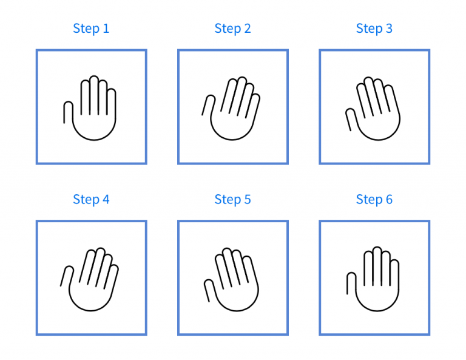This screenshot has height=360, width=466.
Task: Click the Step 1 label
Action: pyautogui.click(x=91, y=29)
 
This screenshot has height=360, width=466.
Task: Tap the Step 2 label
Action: pyautogui.click(x=232, y=29)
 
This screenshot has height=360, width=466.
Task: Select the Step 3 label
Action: pyautogui.click(x=374, y=29)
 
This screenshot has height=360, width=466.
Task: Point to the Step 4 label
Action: pyautogui.click(x=91, y=199)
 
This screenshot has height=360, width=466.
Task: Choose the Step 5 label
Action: pyautogui.click(x=232, y=199)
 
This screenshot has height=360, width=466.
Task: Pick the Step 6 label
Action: pyautogui.click(x=374, y=199)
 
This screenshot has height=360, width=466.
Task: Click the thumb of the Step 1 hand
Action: pyautogui.click(x=68, y=112)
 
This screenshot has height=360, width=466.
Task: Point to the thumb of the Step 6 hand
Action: pyautogui.click(x=351, y=284)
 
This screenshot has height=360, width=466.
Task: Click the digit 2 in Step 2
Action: pyautogui.click(x=247, y=29)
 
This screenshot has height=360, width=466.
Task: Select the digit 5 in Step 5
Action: pyautogui.click(x=247, y=199)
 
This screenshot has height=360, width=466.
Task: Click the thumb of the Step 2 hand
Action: pyautogui.click(x=207, y=105)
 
